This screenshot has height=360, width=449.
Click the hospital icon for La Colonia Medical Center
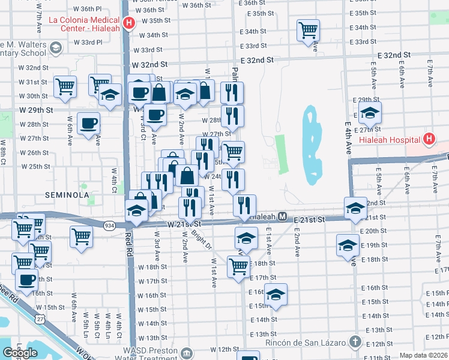(128, 24)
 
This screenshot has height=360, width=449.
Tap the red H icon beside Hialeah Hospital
(429, 140)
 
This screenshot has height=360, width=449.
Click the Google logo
(20, 353)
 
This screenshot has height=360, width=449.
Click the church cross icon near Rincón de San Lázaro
(355, 342)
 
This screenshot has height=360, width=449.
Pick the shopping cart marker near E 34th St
(308, 29)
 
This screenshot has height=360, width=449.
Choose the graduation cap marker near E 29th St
(370, 112)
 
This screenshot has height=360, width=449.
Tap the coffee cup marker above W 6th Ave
(89, 123)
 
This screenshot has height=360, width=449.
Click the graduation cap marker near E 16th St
(276, 294)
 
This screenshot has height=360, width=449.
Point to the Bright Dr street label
(205, 239)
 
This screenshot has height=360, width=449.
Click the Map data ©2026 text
(423, 355)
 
